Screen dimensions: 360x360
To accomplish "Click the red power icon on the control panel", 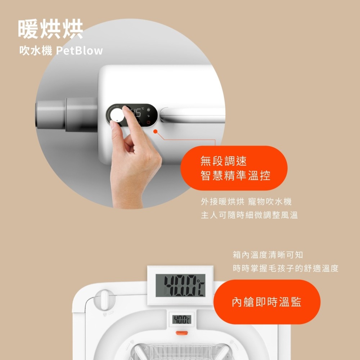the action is pyautogui.click(x=148, y=122).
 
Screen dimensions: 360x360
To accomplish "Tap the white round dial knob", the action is pyautogui.click(x=117, y=116).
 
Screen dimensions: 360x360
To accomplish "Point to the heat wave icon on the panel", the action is pyautogui.click(x=149, y=109).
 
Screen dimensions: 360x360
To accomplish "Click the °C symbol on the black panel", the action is pyautogui.click(x=143, y=109).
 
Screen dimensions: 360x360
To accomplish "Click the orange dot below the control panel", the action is pyautogui.click(x=156, y=131).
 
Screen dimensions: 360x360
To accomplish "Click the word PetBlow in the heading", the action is pyautogui.click(x=79, y=51).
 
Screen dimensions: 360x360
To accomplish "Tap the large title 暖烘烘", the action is pyautogui.click(x=50, y=29).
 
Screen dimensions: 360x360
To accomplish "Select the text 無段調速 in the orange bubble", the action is pyautogui.click(x=224, y=161).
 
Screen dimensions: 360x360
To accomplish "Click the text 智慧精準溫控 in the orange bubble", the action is pyautogui.click(x=235, y=175).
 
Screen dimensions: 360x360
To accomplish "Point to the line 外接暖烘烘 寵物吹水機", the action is pyautogui.click(x=246, y=202).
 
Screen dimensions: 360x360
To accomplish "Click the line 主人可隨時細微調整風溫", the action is pyautogui.click(x=249, y=215).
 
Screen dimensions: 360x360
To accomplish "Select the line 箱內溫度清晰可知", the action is pyautogui.click(x=268, y=255).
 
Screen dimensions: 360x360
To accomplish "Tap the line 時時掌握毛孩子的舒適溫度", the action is pyautogui.click(x=285, y=268).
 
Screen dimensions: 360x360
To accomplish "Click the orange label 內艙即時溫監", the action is pyautogui.click(x=266, y=302).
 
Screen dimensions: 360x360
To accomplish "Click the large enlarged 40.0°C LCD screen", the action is pyautogui.click(x=180, y=285).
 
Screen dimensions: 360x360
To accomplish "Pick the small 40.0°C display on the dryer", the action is pyautogui.click(x=181, y=319).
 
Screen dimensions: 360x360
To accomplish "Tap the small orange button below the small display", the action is pyautogui.click(x=181, y=333).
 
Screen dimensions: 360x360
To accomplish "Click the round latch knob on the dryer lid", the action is pyautogui.click(x=104, y=300).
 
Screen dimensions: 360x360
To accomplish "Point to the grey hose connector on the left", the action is pyautogui.click(x=67, y=114).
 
